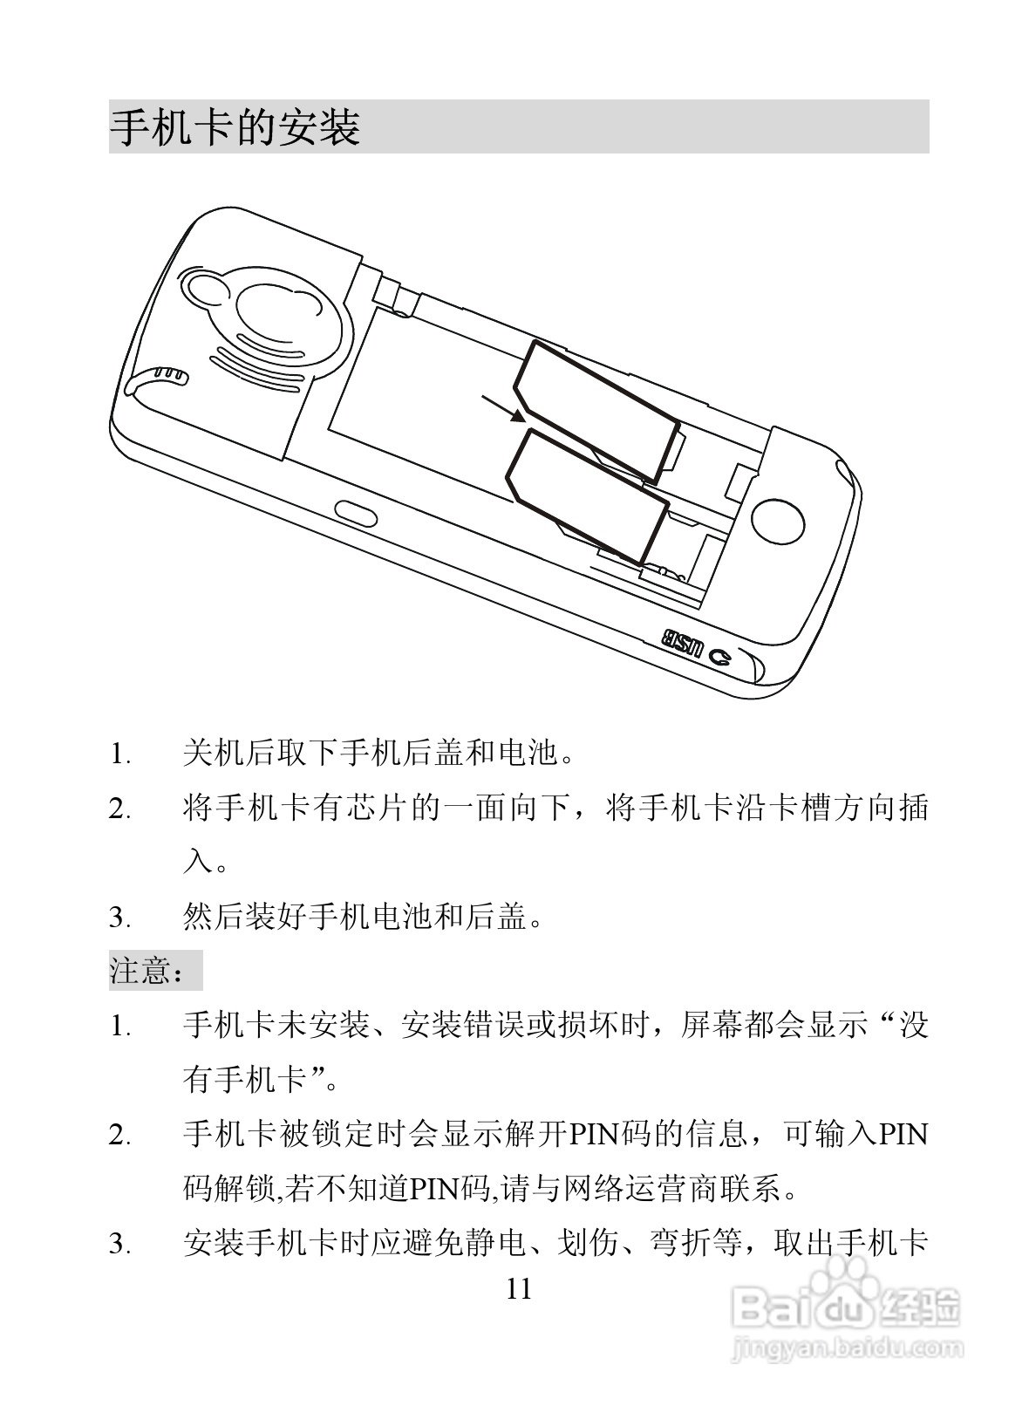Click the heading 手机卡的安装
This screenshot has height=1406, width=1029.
(x=235, y=128)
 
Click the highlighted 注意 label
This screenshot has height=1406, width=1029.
(x=148, y=971)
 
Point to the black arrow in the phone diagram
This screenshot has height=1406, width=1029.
(x=503, y=407)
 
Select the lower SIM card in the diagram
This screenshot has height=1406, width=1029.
(x=587, y=496)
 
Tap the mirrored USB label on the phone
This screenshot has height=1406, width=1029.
(x=682, y=644)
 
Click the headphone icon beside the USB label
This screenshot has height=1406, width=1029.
(x=720, y=657)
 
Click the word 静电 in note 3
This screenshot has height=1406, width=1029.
(x=495, y=1244)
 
